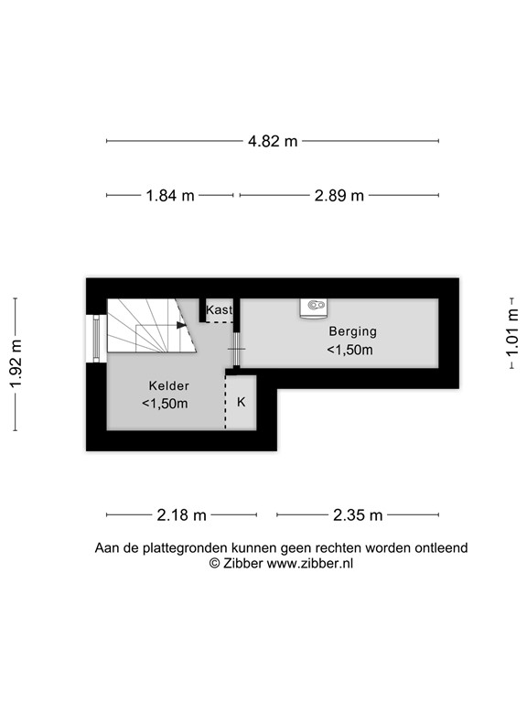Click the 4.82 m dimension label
273,141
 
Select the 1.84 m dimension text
170,196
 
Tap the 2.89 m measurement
339,196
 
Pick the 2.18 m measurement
181,515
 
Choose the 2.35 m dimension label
359,515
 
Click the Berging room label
353,331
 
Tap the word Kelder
165,385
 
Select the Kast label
219,310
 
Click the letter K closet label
242,402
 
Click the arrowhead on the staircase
181,323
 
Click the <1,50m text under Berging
350,350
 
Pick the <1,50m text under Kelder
165,404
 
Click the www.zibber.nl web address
310,564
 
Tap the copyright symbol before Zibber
215,564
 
